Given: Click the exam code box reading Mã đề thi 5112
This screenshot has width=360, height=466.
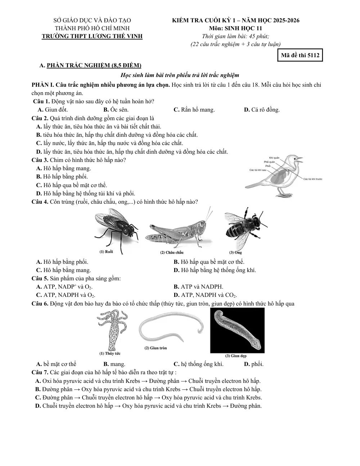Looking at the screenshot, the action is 300,55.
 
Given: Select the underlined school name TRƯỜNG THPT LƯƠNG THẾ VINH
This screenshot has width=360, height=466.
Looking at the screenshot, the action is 92,36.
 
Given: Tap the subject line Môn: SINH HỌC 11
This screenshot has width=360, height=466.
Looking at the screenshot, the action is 235,28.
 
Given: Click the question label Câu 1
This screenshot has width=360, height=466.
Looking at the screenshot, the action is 41,101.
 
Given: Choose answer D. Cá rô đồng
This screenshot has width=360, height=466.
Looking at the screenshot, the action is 262,110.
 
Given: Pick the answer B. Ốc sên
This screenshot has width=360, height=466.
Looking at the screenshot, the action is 116,110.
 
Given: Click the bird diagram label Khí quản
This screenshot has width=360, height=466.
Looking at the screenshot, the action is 274,158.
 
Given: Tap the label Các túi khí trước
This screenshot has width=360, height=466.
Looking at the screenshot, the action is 312,179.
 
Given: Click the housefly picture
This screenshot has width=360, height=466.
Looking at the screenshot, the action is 116,231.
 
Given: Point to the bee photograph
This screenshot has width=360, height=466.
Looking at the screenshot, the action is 246,230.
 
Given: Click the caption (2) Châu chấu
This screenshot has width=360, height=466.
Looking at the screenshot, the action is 172,252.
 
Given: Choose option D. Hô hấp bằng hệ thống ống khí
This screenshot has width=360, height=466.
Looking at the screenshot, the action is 215,270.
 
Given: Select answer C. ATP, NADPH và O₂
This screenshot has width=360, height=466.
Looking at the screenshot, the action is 66,295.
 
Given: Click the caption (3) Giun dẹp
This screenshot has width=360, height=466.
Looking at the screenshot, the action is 236,356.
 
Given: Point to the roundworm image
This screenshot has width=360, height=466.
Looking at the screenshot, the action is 171,327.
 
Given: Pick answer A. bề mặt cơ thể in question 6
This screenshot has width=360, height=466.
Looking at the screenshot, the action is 56,364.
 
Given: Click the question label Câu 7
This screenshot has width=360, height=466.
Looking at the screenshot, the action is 40,372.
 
